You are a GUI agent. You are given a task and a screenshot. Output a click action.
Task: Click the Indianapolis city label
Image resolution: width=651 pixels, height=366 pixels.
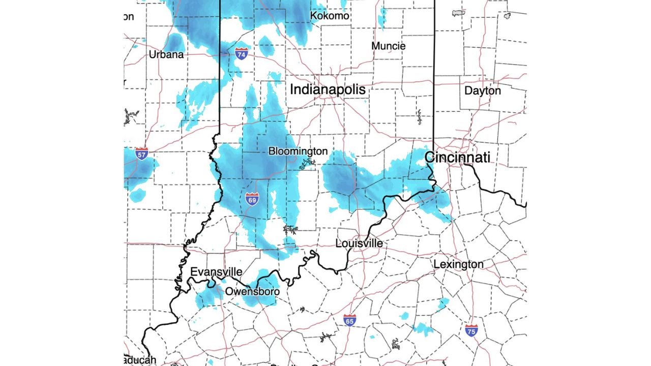[x=328, y=90]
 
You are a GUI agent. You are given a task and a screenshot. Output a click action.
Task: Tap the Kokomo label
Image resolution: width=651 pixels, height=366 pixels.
[x=330, y=16]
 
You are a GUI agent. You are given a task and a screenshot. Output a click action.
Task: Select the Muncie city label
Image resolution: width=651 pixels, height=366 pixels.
[x=389, y=46]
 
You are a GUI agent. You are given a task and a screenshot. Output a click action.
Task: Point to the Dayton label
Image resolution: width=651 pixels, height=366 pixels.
[x=483, y=91]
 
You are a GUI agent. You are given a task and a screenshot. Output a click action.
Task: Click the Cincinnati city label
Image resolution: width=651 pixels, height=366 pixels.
[x=457, y=158]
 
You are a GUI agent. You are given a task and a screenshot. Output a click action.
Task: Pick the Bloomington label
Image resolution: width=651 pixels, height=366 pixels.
[x=298, y=151]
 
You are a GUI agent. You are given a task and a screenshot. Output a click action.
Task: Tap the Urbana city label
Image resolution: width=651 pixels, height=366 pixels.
[x=166, y=54]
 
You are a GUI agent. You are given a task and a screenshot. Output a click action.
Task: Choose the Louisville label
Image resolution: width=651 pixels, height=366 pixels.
[x=359, y=244]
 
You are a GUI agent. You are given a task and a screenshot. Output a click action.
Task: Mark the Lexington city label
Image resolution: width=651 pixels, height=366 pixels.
[x=458, y=264]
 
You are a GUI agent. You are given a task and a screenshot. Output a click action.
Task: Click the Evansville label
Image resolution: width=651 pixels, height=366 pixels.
[x=216, y=272]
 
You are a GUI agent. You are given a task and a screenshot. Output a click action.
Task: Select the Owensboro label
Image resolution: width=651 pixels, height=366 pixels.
[x=252, y=292]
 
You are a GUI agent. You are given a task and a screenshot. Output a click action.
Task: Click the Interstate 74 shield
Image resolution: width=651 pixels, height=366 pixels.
[x=242, y=53]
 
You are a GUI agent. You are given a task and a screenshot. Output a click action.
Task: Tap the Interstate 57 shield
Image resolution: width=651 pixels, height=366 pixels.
[x=142, y=154]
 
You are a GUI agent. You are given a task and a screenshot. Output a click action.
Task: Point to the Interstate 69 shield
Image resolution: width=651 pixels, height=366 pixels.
[x=252, y=199]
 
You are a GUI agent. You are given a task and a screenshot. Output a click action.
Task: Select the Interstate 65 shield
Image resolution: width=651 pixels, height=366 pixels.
[x=349, y=320]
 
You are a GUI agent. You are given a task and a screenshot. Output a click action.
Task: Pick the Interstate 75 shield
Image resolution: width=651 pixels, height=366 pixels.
[x=471, y=330]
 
